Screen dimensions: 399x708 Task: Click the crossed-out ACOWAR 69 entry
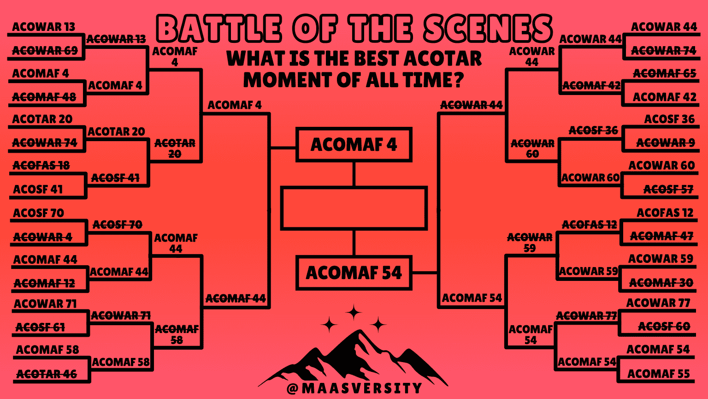coord(45,50)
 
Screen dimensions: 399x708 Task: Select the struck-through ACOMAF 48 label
coord(44,97)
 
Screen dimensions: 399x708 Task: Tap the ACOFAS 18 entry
coord(41,166)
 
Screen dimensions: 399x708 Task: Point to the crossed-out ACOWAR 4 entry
coord(42,237)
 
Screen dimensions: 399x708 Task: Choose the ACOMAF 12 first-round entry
coord(44,283)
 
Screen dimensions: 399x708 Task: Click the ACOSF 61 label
coord(40,328)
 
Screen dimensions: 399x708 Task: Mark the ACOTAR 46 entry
coord(47,374)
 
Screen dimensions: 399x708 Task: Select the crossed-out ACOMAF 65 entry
coord(664,73)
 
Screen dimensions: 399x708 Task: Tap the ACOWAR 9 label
coord(665,143)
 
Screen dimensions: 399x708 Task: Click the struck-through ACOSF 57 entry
coord(668,189)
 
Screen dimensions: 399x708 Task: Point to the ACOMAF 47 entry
coord(661,236)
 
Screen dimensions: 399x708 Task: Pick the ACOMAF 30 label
coord(661,283)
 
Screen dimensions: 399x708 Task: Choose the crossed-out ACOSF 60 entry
coord(664,327)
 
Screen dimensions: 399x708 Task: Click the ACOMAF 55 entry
coord(658,374)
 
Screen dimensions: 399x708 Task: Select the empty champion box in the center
coord(354,208)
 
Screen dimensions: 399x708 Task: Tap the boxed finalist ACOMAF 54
coord(354,273)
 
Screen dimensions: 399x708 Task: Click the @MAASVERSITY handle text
coord(354,388)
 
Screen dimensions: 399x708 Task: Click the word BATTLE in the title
coord(219,29)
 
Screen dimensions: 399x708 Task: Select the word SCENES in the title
coord(487,29)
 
